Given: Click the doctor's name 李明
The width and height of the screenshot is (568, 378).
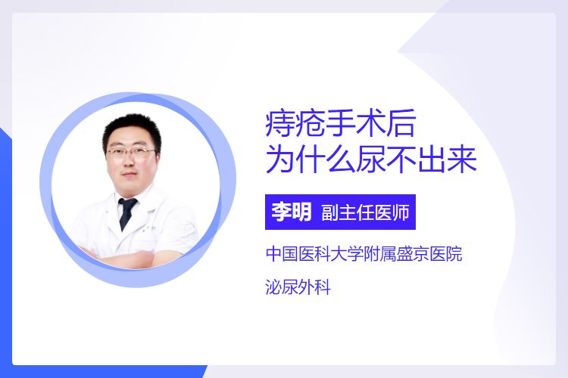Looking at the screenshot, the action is [x=292, y=212].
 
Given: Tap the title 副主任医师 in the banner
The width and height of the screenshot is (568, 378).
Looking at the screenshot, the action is [x=365, y=212].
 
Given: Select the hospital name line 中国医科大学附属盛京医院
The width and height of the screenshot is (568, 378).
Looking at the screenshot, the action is [x=364, y=253].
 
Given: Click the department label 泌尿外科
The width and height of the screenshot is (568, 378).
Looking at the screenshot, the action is [x=298, y=287].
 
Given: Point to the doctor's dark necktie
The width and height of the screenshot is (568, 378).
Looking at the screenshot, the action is [x=126, y=212].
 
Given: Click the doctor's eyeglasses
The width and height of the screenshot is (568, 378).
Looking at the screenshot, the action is [x=131, y=152].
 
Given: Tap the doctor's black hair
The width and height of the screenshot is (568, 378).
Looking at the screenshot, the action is [x=132, y=131].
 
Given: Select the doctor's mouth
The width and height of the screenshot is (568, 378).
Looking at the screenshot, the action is [x=130, y=175].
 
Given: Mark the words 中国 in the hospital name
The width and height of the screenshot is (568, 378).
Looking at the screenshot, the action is [x=282, y=253].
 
